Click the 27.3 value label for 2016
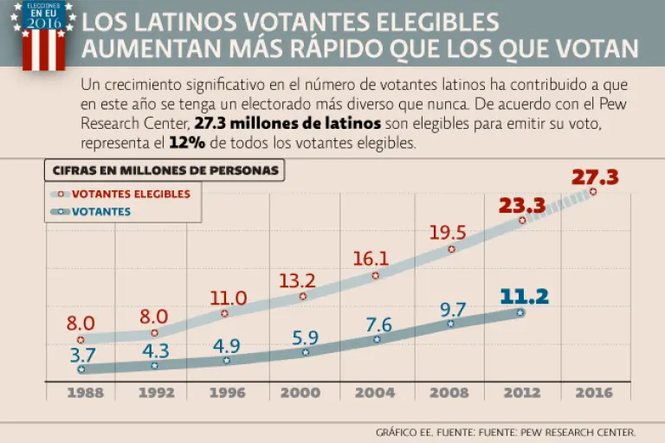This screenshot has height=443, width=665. pos(595,177)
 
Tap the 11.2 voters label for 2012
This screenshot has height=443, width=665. pos(525,297)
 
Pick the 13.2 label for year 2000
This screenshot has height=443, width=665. pos(296,279)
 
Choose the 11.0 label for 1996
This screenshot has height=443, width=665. pos(229,299)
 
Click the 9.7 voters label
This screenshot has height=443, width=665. pos(451,308)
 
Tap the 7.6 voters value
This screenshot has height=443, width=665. pos(378,325)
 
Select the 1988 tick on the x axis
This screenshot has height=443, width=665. pos(81,393)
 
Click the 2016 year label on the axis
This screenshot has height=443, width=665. pos(593,393)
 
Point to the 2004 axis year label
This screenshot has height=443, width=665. pos(373,393)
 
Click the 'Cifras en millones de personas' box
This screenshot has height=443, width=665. pos(165,170)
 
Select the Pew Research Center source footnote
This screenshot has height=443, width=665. pos(507,431)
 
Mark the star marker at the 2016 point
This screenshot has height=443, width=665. pos(593,191)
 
